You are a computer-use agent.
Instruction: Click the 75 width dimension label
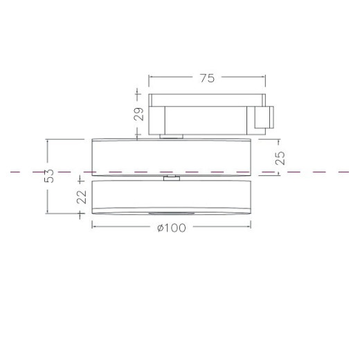[x=207, y=78]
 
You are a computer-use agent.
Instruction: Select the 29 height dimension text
[x=138, y=114]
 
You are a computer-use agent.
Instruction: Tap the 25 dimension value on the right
[x=280, y=158]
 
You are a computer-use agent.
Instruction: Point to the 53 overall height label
[x=49, y=176]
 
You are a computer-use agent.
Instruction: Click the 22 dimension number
[x=82, y=197]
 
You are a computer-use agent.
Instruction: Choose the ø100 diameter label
[x=172, y=228]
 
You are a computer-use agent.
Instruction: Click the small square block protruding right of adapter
[x=264, y=117]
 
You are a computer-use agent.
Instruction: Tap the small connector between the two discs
[x=172, y=178]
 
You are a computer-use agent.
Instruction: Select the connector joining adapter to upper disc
[x=171, y=136]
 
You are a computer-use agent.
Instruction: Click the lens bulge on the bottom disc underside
[x=172, y=213]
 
